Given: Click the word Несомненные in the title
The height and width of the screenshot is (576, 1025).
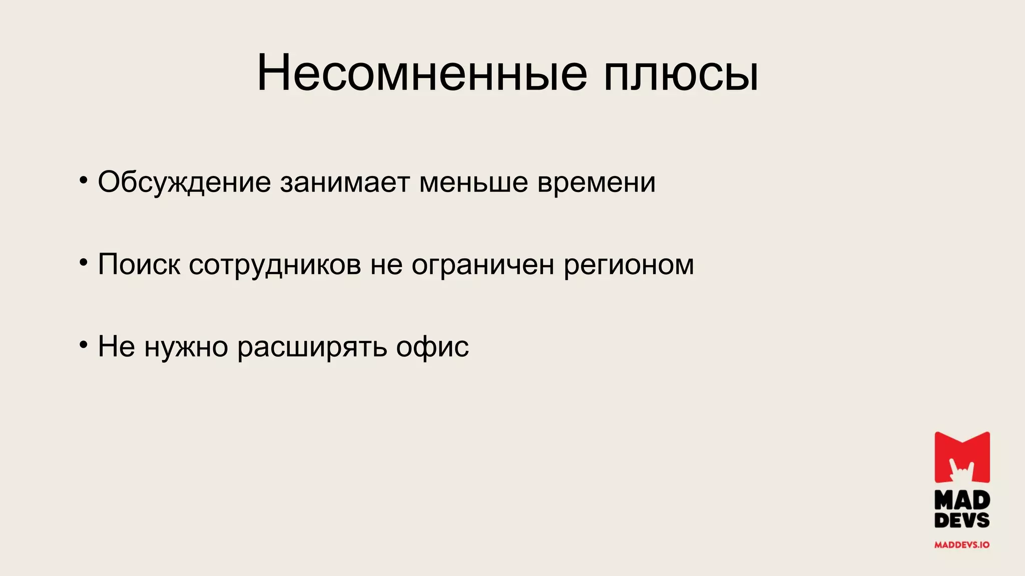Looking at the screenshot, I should coord(421,73).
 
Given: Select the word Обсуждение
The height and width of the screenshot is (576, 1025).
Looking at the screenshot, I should coord(184,182).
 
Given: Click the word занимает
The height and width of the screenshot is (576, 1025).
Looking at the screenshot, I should coord(344,181).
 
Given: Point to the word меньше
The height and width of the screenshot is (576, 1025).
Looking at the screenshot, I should coord(473,182).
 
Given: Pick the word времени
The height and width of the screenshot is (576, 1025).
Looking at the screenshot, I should coord(596,182).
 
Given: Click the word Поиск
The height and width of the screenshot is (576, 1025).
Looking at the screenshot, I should coord(139,264).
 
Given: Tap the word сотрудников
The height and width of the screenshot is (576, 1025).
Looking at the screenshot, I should coord(275,265).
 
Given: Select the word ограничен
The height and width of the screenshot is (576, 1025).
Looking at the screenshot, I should coord(482,265).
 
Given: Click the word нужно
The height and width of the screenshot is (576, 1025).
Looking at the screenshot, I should coord(186,347).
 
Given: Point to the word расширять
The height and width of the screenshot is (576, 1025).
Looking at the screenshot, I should coord(312,347).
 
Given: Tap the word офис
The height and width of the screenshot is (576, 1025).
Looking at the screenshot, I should coord(432,347).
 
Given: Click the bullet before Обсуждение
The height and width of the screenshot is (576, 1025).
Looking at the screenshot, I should coord(84,179).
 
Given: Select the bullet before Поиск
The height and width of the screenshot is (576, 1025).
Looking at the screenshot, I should coord(84,261).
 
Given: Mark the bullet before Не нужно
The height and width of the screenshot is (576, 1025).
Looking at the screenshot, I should coord(84,344).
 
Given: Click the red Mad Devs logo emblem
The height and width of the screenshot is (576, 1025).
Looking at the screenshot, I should coord(962,457).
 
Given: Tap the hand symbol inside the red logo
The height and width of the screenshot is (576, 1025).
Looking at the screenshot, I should coord(961,470).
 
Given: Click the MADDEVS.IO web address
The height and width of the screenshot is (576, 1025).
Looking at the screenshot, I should coord(962,545).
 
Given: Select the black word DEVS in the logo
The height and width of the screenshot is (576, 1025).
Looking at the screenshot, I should coord(962,520).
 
